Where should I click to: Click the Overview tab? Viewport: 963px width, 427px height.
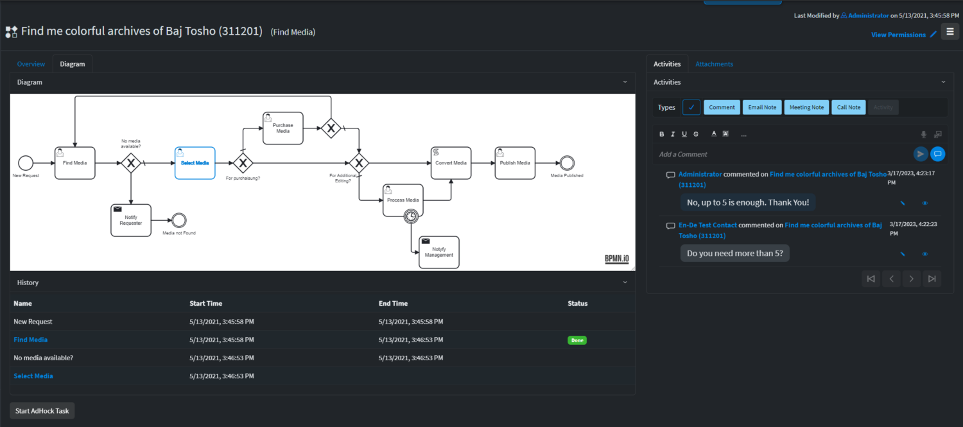coord(31,64)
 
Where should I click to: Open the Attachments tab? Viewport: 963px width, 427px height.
coord(714,64)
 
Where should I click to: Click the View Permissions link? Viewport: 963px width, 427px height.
coord(898,35)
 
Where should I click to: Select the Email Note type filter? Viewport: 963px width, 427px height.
coord(762,107)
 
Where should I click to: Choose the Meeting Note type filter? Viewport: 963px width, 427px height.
coord(806,107)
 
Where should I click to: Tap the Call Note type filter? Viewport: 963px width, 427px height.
coord(849,107)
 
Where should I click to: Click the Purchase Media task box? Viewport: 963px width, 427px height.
coord(282,128)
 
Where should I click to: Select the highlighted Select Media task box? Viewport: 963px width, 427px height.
coord(195,163)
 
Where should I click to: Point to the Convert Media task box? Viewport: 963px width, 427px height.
coord(451,163)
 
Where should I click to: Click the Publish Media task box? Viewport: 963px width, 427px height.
coord(515,163)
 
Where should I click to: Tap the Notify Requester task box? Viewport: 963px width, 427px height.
coord(130,220)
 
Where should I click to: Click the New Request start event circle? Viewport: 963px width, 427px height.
coord(26,163)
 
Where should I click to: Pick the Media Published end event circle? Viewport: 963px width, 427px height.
coord(566,163)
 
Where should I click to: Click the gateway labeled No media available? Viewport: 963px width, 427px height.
coord(131,163)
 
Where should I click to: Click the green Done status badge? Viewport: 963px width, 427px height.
coord(577,340)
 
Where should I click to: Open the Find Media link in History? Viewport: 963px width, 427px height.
coord(31,340)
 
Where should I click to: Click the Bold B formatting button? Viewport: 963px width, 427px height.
coord(662,134)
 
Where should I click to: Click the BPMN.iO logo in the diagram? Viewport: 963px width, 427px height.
coord(616,259)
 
